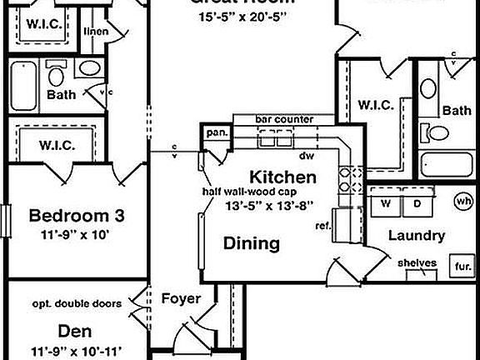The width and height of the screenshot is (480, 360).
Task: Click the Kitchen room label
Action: pos(283,177)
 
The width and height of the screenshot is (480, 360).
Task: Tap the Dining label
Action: pos(251,243)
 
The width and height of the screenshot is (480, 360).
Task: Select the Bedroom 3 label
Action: pos(77,217)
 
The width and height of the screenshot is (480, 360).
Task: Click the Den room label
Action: pos(76,331)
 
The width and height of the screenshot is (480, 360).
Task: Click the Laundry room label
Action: pos(416,236)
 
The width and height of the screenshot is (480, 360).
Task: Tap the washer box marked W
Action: pos(386,203)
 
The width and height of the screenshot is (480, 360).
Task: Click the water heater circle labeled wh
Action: pos(463,201)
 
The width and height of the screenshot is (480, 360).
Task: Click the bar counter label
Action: pos(284,120)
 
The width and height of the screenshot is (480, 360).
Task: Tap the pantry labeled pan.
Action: pos(217,132)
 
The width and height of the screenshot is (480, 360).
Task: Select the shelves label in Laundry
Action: pos(417,263)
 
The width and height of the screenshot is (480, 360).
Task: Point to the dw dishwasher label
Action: pos(306,156)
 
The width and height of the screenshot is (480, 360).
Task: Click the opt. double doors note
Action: pos(77,303)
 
